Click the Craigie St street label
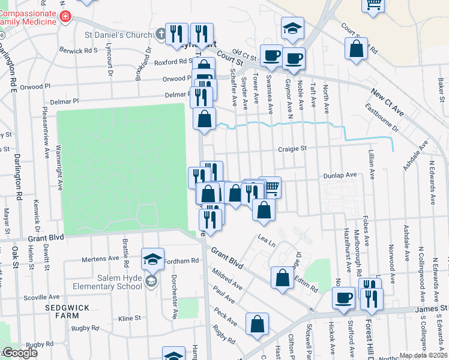coord(292,148)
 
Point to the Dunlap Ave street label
coord(340,175)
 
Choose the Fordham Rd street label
coord(181,261)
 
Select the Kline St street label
coord(129,318)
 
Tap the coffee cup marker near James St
coord(344,298)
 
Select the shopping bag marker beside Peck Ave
coord(257,324)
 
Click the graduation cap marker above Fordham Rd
coord(152,259)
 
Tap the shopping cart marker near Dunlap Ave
coord(271,187)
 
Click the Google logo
coord(19,353)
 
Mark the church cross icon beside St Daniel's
coord(161,35)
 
